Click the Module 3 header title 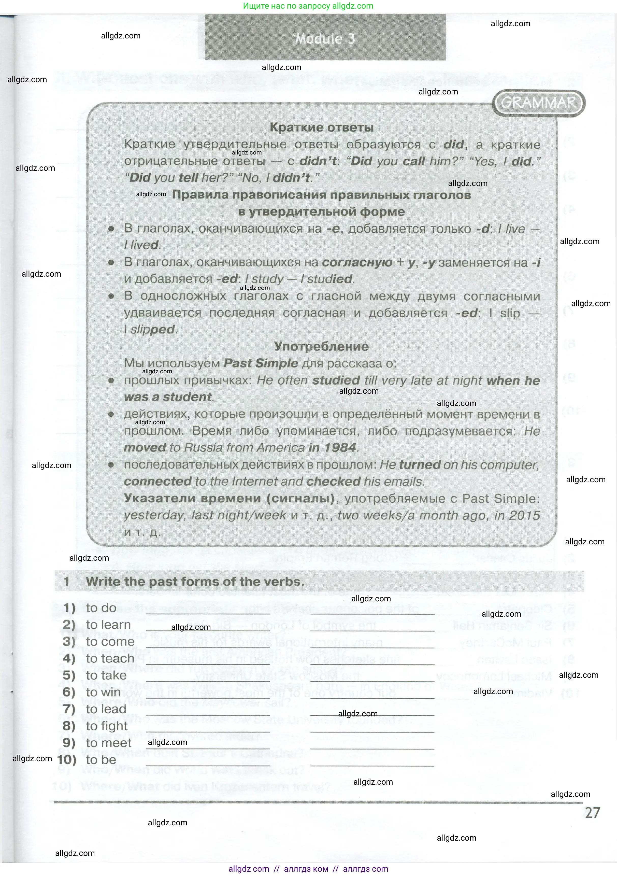[325, 38]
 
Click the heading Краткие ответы [321, 128]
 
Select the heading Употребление [321, 346]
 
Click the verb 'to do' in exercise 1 [101, 608]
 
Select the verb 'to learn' [108, 625]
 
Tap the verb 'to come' [110, 642]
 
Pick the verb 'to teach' [110, 658]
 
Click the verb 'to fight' [107, 726]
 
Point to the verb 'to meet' [109, 743]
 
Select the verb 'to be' [101, 760]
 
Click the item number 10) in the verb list [67, 760]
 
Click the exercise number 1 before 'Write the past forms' [67, 582]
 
